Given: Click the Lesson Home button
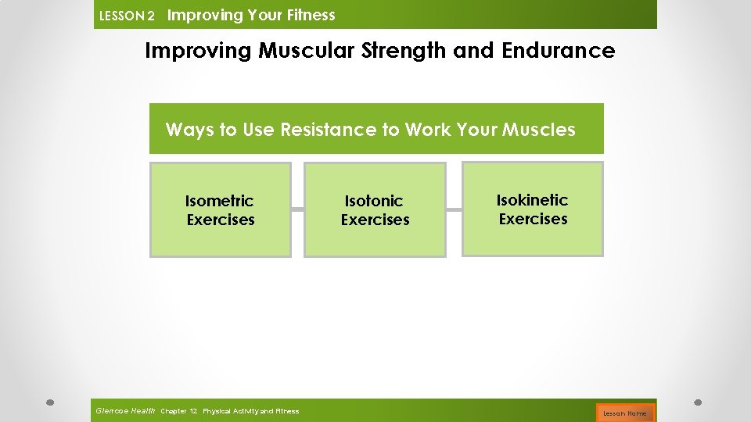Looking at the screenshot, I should [x=624, y=413].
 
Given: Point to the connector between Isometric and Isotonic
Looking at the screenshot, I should [x=297, y=209].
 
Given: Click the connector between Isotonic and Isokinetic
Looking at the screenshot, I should [x=454, y=209].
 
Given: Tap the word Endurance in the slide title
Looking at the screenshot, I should [x=558, y=51].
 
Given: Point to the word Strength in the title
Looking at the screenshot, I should [x=399, y=51].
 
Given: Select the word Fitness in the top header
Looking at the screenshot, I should [x=311, y=15].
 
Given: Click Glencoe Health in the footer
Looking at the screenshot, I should [x=124, y=410].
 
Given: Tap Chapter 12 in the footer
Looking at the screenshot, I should [x=178, y=411].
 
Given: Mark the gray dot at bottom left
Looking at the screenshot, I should [x=49, y=402].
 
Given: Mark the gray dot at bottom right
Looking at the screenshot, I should [x=699, y=402].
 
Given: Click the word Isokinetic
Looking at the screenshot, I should [x=532, y=200].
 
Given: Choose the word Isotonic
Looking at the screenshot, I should [x=374, y=201].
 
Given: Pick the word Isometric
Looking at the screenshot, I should [x=219, y=201].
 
